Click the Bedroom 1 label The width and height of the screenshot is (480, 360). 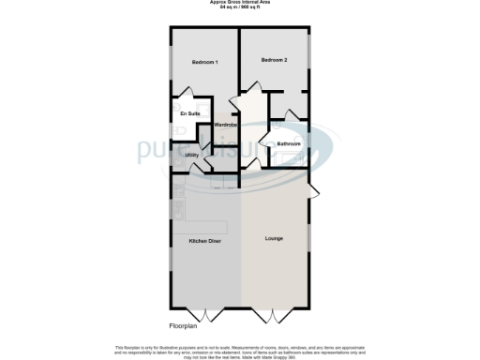tap(204, 62)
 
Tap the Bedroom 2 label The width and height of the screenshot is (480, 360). tap(274, 60)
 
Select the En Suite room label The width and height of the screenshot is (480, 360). tap(190, 114)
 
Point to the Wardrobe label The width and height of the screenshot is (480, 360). tap(225, 125)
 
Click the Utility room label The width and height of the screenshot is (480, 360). tap(191, 155)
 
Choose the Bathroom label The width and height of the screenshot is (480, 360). tap(288, 143)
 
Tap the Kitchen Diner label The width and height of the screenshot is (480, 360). tap(205, 241)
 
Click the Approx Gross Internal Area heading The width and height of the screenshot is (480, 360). tap(239, 3)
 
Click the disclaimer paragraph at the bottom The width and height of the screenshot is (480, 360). tap(239, 350)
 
